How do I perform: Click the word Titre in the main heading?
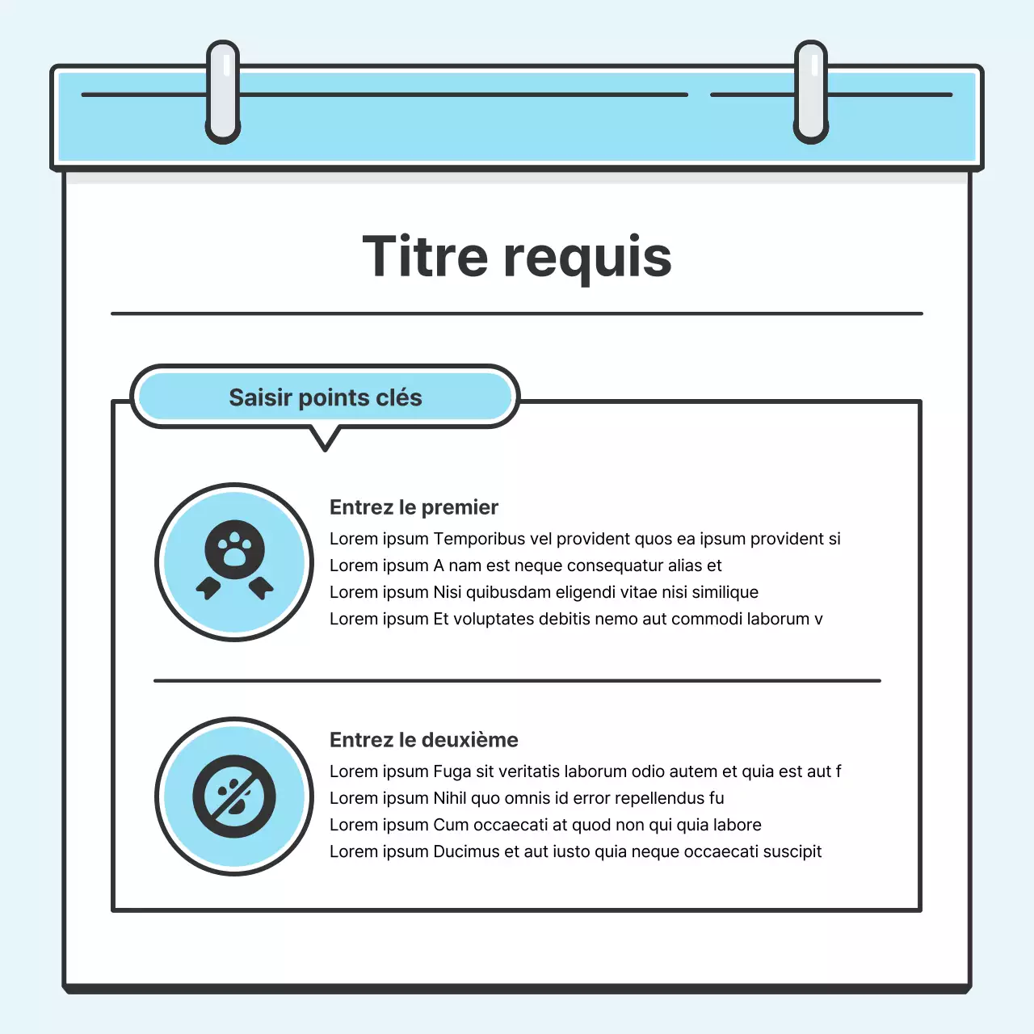[425, 257]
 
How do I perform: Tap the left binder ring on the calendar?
[223, 91]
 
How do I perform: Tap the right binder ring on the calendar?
[811, 91]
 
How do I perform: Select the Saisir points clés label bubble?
[325, 397]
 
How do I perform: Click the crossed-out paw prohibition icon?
[234, 797]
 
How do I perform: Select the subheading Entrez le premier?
[414, 507]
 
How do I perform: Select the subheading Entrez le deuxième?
[423, 740]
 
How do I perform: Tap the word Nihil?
[450, 798]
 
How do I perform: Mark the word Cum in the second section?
[451, 825]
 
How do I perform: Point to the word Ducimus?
[466, 851]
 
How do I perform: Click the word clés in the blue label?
[398, 397]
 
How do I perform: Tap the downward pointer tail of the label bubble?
[325, 439]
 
